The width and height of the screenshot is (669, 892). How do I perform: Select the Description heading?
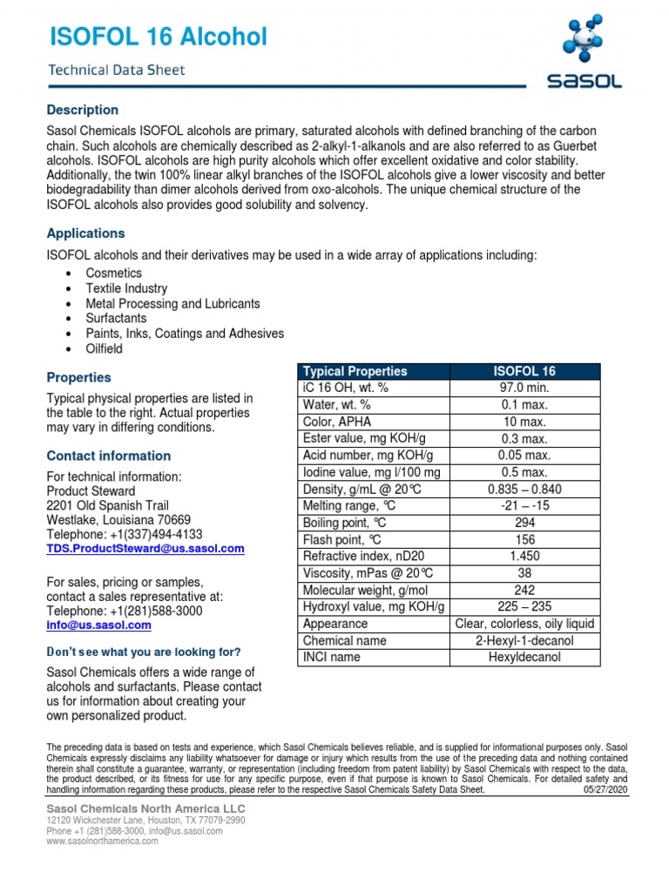click(82, 110)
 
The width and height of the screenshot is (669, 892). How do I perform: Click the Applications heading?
click(85, 233)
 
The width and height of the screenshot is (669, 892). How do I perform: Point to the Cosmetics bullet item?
click(113, 274)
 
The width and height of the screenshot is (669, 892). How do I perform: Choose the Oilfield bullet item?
click(104, 348)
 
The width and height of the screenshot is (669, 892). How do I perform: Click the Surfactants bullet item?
click(116, 319)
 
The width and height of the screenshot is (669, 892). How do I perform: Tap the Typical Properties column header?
click(355, 371)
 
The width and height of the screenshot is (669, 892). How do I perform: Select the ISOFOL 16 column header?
click(524, 371)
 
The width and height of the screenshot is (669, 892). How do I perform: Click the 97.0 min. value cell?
click(524, 388)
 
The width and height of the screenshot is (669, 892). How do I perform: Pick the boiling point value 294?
click(524, 523)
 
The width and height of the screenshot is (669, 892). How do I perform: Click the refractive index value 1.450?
click(524, 557)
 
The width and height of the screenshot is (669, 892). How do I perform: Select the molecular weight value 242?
click(524, 590)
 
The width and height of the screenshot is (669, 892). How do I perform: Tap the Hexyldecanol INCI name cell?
click(524, 657)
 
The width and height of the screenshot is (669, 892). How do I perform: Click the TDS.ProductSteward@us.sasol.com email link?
click(145, 549)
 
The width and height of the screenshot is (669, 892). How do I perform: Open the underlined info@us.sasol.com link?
click(98, 625)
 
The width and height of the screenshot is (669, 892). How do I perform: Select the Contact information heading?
click(108, 456)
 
